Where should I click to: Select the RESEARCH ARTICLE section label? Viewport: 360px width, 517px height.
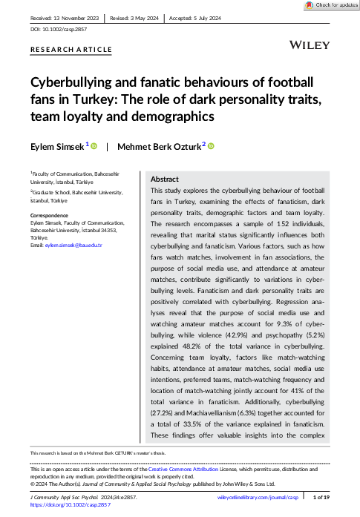click(x=71, y=50)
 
